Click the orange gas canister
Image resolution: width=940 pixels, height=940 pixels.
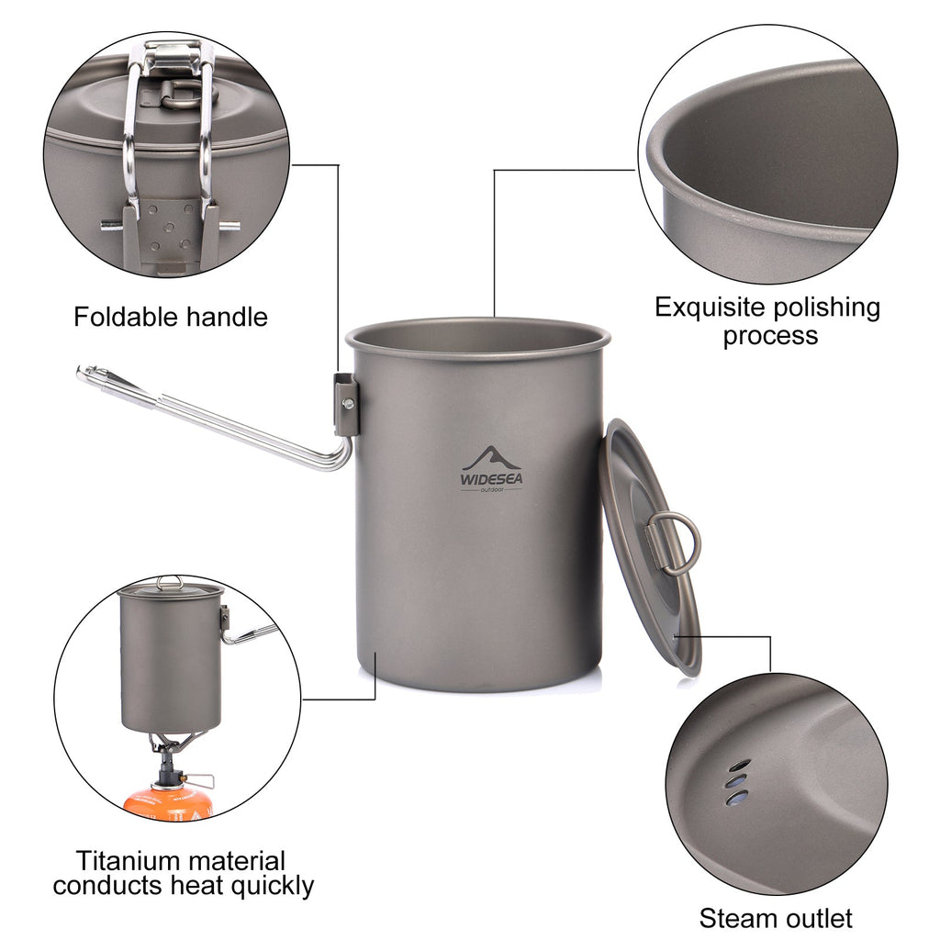click(x=168, y=802)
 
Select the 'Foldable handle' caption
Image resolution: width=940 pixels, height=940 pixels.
click(x=171, y=318)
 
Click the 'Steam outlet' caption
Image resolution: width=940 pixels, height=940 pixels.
click(x=776, y=917)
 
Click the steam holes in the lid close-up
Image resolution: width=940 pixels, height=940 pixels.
click(x=737, y=782)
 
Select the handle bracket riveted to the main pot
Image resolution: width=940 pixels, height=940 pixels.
click(x=346, y=404)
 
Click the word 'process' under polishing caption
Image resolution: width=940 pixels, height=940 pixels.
click(x=769, y=335)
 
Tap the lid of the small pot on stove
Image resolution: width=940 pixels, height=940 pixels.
click(x=169, y=587)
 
